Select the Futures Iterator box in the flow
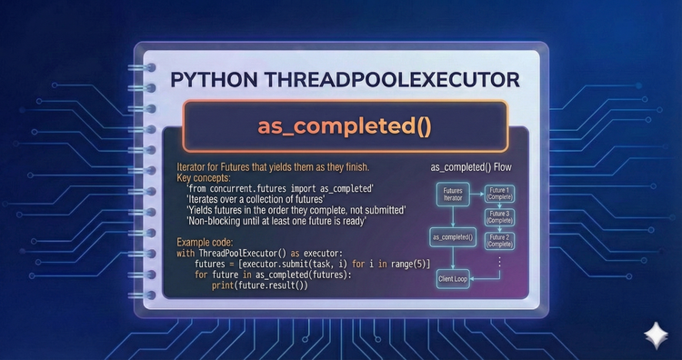[440, 197]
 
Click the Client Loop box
[452, 279]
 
